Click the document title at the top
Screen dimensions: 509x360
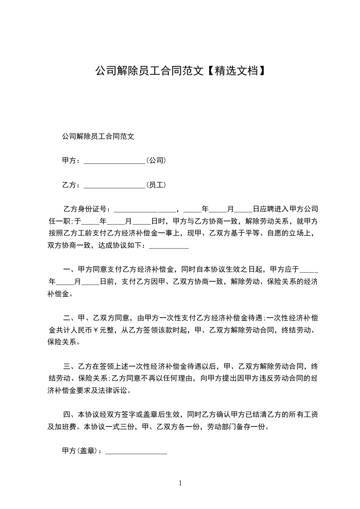[180, 71]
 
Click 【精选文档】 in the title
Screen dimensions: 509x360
[236, 71]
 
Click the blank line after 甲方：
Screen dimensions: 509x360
[114, 161]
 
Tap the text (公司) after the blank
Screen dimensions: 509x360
[156, 161]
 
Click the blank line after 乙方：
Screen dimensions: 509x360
[114, 185]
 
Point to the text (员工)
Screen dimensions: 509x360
[156, 185]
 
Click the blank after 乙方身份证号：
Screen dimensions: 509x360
[144, 210]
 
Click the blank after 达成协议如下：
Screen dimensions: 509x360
[169, 246]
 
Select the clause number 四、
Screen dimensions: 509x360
[69, 415]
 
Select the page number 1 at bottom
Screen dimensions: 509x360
[180, 484]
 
